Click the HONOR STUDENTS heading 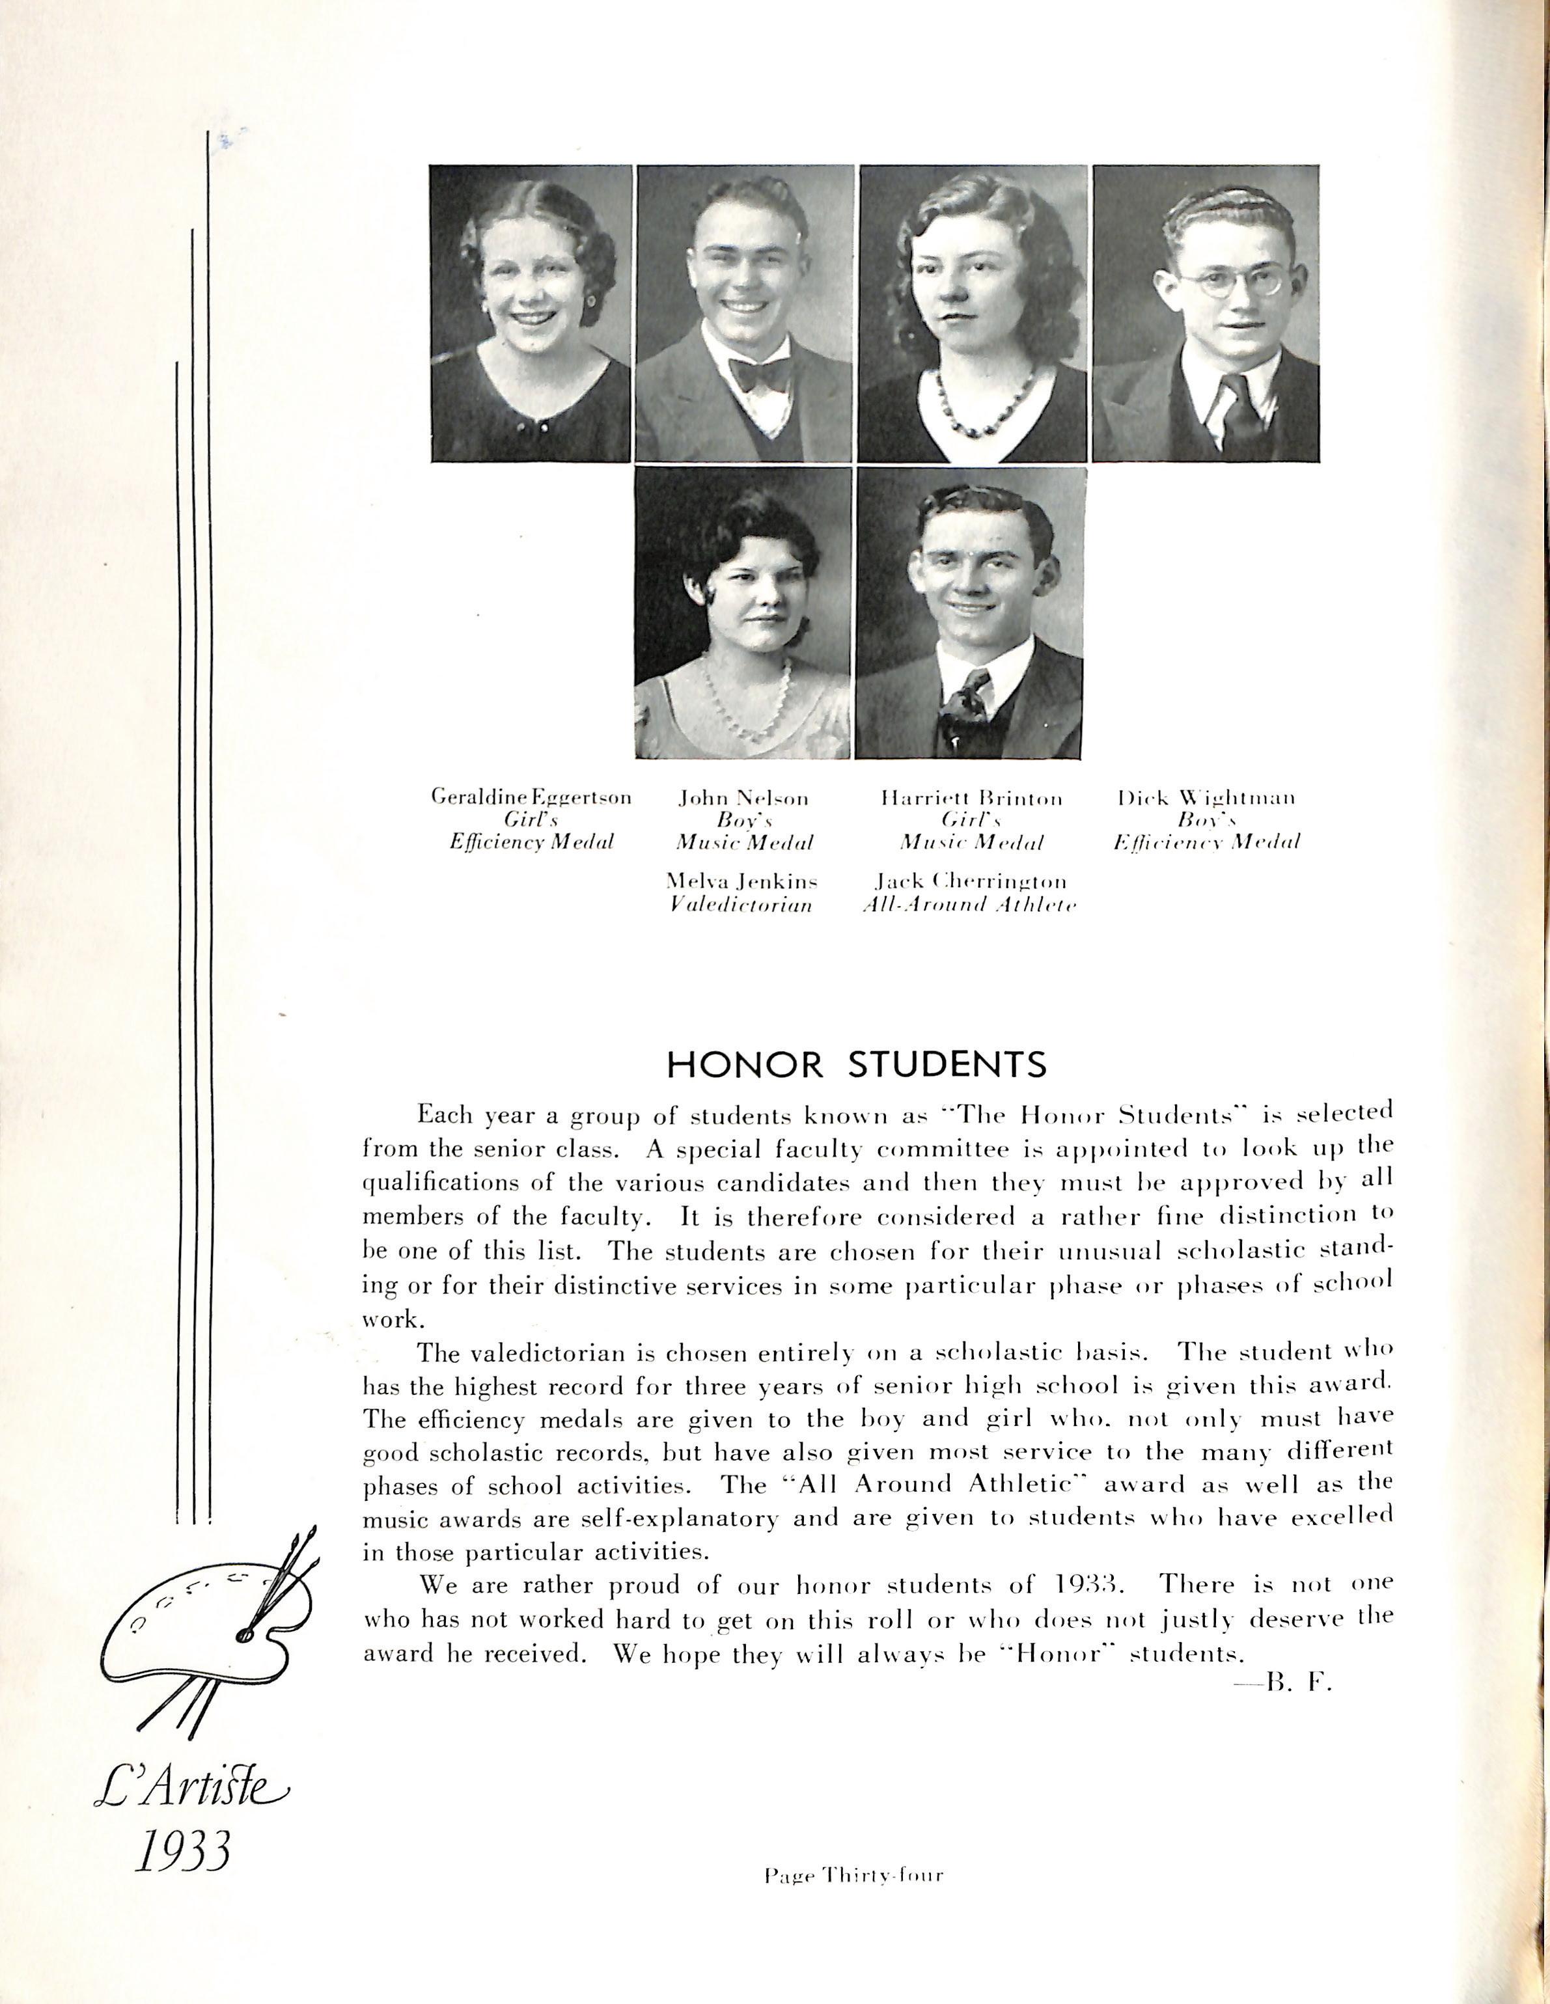click(x=855, y=1064)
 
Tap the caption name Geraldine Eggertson click(x=531, y=797)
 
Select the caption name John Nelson click(x=743, y=799)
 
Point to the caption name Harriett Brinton click(x=971, y=799)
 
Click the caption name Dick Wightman click(x=1206, y=797)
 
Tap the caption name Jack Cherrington click(x=970, y=882)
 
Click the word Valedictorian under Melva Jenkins click(x=741, y=905)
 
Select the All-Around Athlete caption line click(x=969, y=905)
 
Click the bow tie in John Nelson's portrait click(x=759, y=372)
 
